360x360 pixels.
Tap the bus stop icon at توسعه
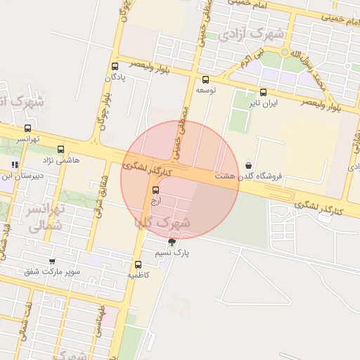pos(205,79)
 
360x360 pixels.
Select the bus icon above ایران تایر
pos(263,92)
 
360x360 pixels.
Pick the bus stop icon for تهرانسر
pos(27,128)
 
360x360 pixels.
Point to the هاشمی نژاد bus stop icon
pos(60,149)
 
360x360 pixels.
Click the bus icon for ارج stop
pos(155,190)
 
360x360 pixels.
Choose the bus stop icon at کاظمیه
pos(138,265)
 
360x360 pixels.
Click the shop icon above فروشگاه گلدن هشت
pos(248,165)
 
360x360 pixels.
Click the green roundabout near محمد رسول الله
pos(285,52)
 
